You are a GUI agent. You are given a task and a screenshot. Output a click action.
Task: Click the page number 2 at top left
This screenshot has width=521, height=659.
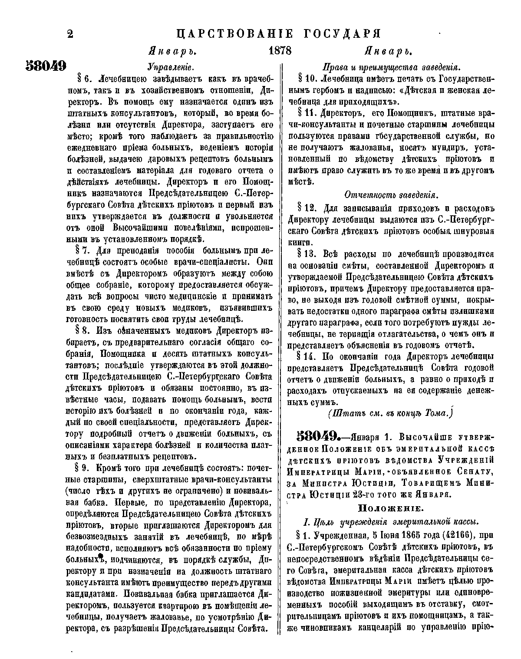[x=70, y=34]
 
